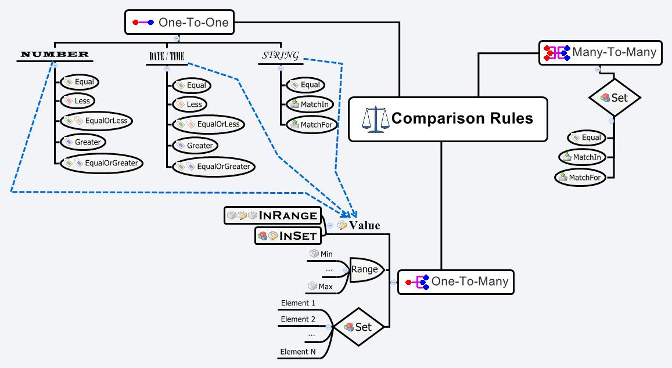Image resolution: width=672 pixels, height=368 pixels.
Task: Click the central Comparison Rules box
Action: [448, 119]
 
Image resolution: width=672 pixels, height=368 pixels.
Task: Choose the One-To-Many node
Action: [457, 282]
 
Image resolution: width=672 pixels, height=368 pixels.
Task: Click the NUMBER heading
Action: [55, 55]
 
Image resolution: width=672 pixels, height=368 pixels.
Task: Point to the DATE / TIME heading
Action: [167, 56]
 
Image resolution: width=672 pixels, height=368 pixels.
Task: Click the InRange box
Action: [272, 216]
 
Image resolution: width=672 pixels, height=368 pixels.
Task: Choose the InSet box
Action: [289, 236]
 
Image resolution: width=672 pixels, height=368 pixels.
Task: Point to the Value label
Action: [364, 225]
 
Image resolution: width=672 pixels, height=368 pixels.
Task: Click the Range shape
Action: [365, 269]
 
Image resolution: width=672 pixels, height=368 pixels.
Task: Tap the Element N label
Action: [298, 352]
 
